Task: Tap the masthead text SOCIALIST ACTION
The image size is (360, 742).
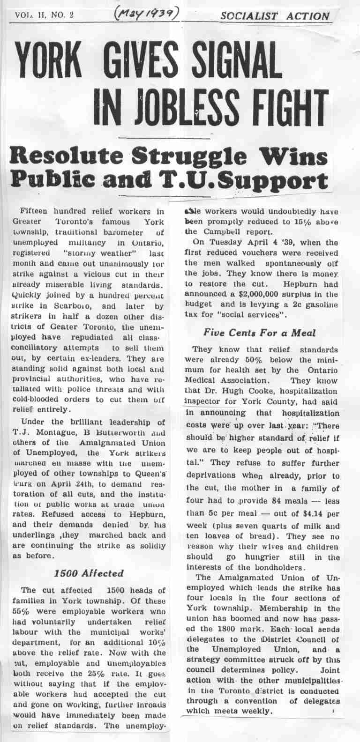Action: (275, 15)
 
